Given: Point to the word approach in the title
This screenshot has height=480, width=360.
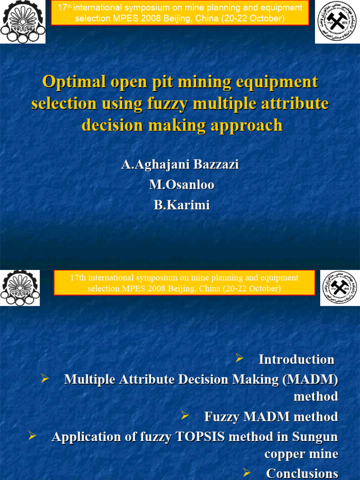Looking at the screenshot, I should tap(249, 125).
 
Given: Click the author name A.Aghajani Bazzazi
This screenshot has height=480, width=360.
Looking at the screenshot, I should tap(180, 165).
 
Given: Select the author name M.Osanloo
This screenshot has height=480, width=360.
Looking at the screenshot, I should tap(182, 185).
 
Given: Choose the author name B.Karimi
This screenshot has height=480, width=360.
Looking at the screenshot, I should tap(182, 205).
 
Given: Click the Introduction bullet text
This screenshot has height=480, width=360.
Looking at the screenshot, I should tap(296, 360).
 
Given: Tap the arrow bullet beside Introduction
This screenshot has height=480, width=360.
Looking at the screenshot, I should tap(240, 359).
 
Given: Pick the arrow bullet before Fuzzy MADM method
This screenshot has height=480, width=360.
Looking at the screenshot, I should tap(185, 416).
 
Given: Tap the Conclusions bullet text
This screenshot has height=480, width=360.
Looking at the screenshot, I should tap(302, 473).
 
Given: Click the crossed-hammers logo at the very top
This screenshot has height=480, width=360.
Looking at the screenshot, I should tap(337, 22).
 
